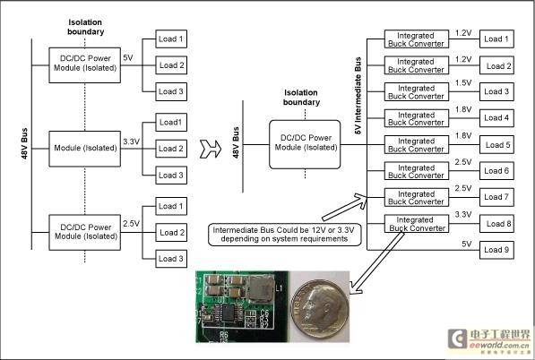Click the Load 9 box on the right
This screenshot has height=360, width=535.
click(496, 250)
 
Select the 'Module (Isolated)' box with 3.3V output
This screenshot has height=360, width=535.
click(84, 149)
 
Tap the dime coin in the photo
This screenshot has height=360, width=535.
click(320, 310)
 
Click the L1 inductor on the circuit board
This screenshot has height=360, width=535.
click(262, 289)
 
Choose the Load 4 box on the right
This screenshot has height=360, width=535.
click(496, 118)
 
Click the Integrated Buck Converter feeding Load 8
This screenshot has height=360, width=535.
click(417, 224)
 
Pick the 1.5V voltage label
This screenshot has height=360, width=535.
click(463, 83)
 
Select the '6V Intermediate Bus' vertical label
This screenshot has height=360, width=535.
click(358, 96)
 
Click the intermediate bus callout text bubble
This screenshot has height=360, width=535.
click(285, 235)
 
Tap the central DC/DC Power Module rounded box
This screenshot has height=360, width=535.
click(305, 144)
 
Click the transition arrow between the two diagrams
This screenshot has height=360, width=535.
click(211, 149)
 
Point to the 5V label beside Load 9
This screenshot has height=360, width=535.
click(466, 244)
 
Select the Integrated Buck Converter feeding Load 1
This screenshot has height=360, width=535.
click(417, 39)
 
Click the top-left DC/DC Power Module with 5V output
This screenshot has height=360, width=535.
click(84, 65)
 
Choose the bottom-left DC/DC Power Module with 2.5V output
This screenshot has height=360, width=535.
click(84, 233)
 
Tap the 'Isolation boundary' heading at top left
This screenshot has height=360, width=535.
click(85, 27)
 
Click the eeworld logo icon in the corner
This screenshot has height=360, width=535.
click(457, 339)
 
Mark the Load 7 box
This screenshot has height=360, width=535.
click(496, 197)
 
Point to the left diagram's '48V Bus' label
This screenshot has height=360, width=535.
click(24, 143)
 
